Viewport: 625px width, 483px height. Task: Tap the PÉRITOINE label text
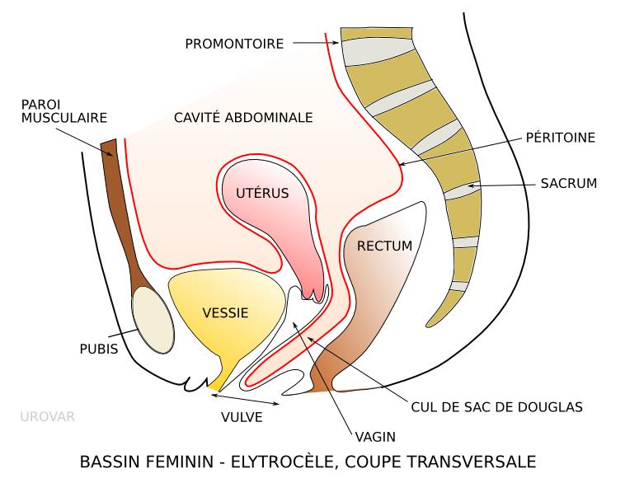560,137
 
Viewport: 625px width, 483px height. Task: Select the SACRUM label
569,183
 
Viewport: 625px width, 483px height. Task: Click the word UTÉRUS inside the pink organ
261,195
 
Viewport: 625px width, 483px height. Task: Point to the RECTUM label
383,246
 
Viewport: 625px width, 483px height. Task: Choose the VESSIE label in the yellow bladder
225,313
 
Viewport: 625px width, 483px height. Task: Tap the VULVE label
241,417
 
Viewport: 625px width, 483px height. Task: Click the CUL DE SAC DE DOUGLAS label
496,406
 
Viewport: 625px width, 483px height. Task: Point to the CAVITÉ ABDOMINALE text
243,118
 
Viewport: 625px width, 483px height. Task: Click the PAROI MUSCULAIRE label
64,111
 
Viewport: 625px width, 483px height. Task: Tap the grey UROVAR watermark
47,416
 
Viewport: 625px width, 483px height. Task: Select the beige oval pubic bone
154,319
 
